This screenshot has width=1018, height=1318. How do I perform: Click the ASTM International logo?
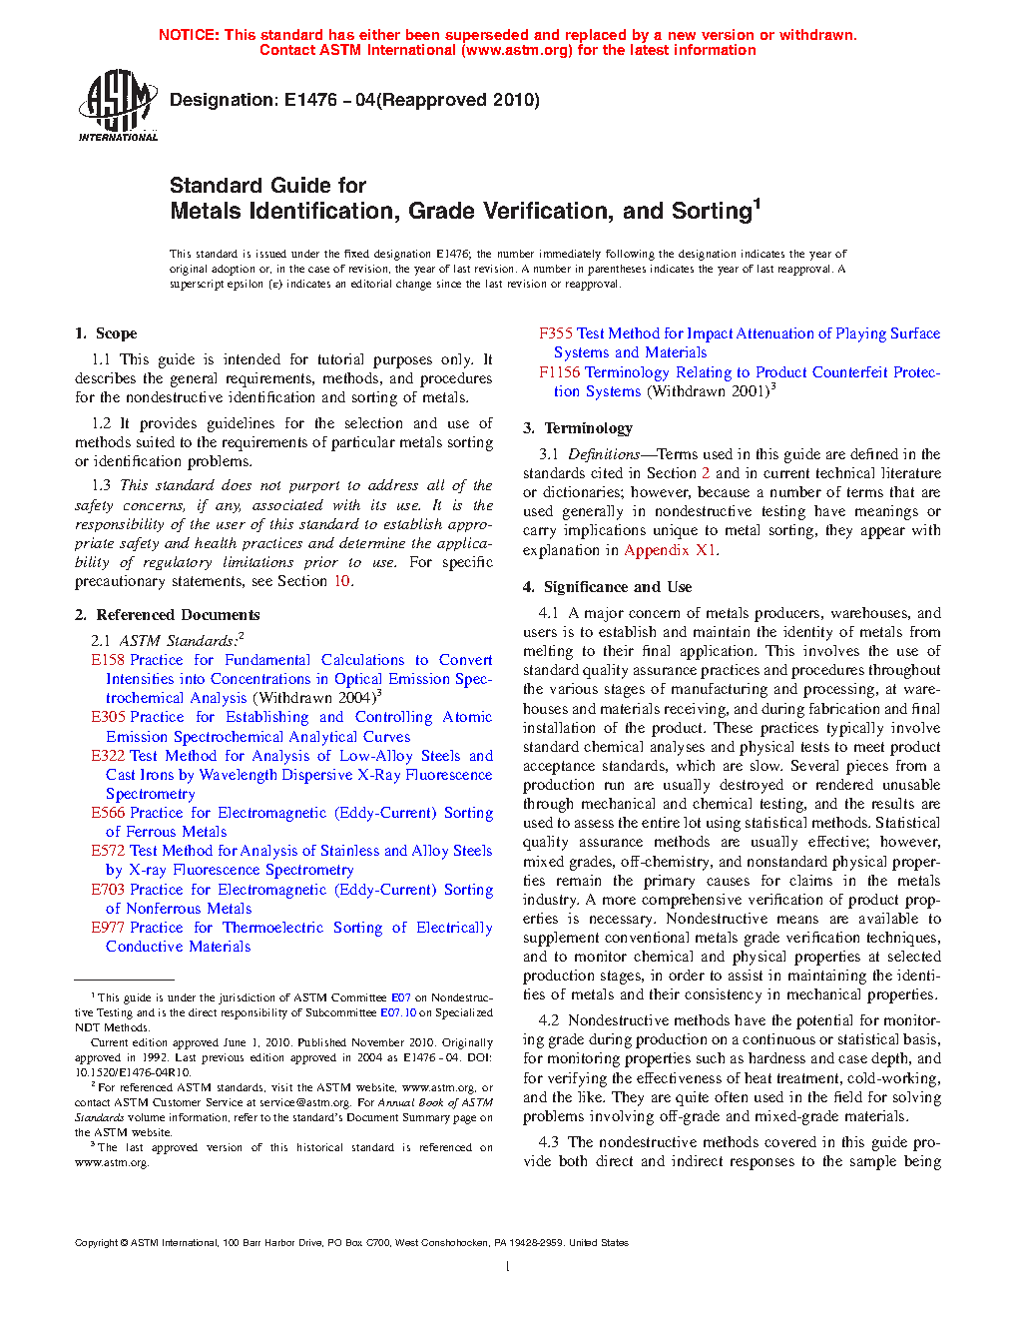[x=117, y=105]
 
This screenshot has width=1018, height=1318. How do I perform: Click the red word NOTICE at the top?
[x=189, y=35]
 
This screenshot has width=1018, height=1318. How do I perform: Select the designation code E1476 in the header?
[x=310, y=100]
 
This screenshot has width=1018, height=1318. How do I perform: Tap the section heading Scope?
[x=116, y=333]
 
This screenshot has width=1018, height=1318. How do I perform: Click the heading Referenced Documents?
[x=178, y=615]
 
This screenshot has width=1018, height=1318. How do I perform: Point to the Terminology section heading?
[x=588, y=428]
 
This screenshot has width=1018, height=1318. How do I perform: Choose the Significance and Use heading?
[x=617, y=587]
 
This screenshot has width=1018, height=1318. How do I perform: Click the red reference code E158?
[x=108, y=660]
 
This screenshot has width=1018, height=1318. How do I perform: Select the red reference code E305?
[x=108, y=717]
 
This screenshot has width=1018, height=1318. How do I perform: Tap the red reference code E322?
[x=108, y=756]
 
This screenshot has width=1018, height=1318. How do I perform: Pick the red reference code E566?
[x=108, y=813]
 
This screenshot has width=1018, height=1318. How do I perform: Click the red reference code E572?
[x=108, y=851]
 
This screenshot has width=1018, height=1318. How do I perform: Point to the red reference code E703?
[x=108, y=890]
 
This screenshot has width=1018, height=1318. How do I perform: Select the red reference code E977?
[x=108, y=928]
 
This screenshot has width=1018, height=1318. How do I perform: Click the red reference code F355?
[x=556, y=333]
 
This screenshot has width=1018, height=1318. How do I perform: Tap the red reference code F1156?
[x=560, y=372]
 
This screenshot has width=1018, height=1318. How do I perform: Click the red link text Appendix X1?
[x=670, y=550]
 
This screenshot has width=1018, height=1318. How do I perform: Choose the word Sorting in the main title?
[x=711, y=212]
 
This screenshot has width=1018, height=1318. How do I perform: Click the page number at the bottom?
[x=508, y=1267]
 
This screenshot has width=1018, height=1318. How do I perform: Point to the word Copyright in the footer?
[x=96, y=1243]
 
